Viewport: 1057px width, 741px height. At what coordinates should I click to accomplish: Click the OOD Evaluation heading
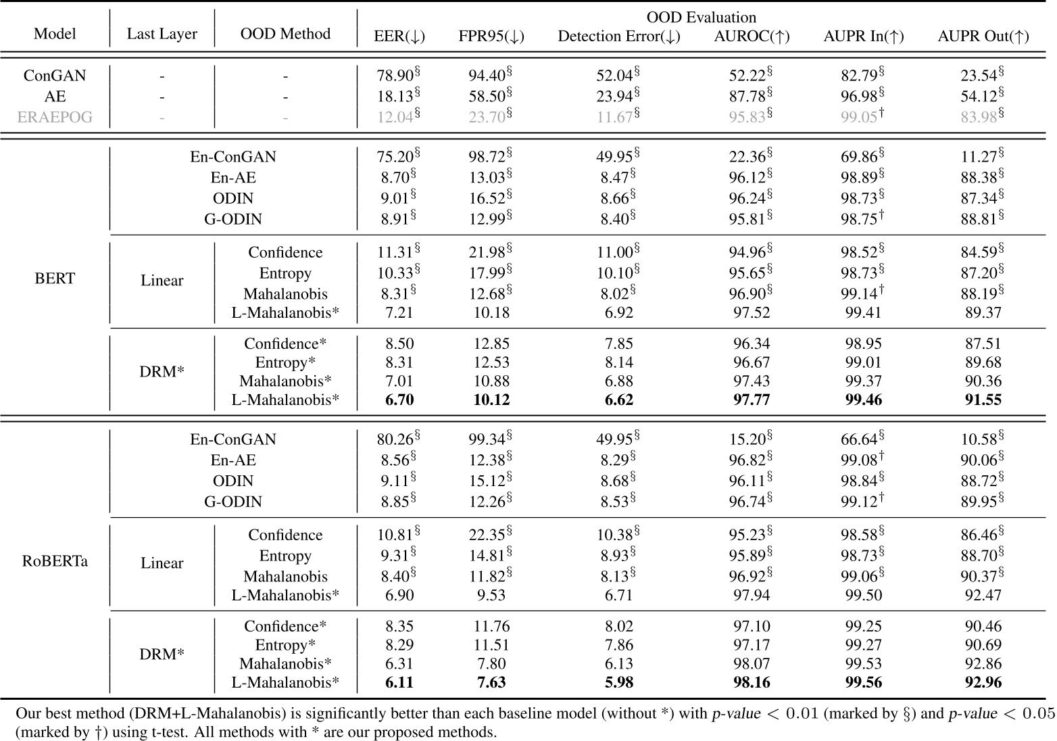[x=701, y=18]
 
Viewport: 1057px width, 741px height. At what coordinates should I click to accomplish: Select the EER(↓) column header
[x=399, y=37]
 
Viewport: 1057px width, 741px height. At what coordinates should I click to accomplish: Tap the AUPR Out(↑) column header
[x=983, y=37]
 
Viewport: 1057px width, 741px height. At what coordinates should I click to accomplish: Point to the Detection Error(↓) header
[x=618, y=37]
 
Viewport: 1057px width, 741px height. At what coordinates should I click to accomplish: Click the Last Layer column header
[x=162, y=34]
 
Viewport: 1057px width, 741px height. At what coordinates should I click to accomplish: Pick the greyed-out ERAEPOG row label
[x=55, y=117]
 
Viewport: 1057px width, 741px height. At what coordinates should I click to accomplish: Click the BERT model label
[x=55, y=279]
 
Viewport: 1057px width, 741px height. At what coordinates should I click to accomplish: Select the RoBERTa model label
[x=55, y=561]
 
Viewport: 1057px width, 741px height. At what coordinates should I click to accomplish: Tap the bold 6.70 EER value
[x=399, y=400]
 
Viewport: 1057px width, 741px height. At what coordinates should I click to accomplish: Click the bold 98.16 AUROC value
[x=752, y=682]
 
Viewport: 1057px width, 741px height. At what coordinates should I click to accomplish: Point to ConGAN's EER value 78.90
[x=395, y=76]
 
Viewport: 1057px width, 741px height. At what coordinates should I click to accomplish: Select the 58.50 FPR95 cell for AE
[x=487, y=97]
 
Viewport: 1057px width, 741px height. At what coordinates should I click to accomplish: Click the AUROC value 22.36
[x=747, y=157]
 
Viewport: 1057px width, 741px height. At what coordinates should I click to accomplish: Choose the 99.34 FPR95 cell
[x=487, y=439]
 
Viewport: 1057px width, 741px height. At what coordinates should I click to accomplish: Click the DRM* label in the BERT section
[x=162, y=371]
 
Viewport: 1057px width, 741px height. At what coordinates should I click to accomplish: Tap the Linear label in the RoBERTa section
[x=162, y=563]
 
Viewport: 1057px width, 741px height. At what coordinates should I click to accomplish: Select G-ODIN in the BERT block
[x=233, y=219]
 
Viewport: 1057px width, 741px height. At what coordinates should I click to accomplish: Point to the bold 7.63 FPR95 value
[x=491, y=682]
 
